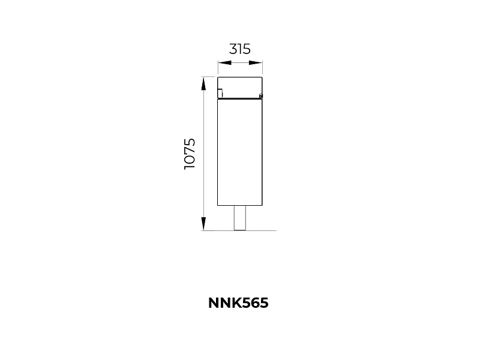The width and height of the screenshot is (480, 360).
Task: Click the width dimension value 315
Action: (239, 49)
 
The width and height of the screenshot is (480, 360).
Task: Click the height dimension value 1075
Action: (190, 154)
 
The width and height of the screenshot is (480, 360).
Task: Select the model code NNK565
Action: (238, 303)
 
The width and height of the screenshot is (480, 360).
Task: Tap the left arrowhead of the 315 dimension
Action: (224, 63)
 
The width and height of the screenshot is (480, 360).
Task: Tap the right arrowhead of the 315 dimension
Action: (256, 63)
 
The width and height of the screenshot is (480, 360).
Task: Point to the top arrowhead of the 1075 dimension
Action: (203, 83)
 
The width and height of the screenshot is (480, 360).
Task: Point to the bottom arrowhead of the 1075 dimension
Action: (203, 223)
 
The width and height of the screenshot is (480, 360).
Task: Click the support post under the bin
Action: (240, 218)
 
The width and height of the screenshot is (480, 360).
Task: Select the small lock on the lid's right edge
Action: (260, 96)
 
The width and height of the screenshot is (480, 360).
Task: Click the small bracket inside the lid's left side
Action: (220, 92)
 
